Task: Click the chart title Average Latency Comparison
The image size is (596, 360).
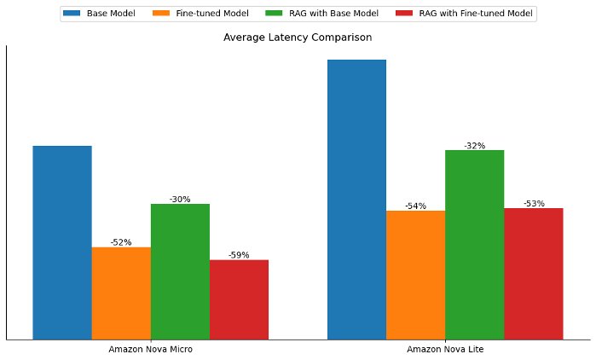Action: pos(298,38)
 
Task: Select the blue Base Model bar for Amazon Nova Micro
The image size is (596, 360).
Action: pos(62,242)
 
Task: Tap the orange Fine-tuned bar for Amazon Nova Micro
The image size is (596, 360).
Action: pos(121,293)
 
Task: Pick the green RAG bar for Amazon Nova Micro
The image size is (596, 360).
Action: pos(180,271)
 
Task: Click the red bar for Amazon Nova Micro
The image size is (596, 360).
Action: pos(239,299)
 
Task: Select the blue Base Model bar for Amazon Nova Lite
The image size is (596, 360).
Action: pos(356,199)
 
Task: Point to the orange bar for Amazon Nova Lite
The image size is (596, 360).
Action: pos(415,275)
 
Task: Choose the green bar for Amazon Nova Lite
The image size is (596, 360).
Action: pos(474,244)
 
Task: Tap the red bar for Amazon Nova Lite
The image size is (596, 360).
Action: pos(533,273)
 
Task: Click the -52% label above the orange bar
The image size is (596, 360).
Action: pos(121,242)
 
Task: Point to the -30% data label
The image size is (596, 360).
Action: pos(180,200)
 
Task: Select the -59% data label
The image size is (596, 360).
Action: pos(239,255)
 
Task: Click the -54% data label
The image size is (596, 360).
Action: pos(415,206)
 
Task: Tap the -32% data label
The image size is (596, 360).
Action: pos(474,146)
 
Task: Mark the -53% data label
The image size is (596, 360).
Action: pos(534,204)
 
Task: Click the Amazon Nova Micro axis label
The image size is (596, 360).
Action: pos(150,350)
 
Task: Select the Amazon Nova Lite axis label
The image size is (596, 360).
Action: pos(445,350)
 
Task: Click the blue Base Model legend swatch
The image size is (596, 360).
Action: pos(72,14)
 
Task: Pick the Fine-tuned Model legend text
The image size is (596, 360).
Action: pos(211,14)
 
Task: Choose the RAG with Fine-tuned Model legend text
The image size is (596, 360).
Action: pos(476,14)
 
